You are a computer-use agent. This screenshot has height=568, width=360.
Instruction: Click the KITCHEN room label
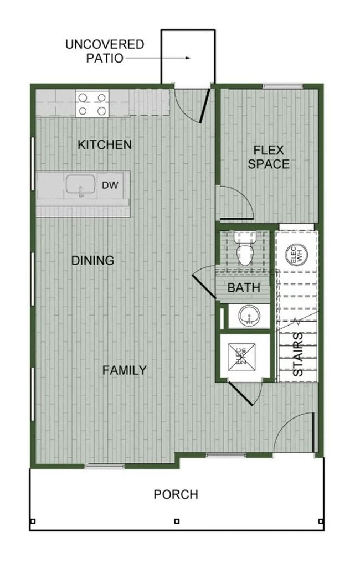click(105, 145)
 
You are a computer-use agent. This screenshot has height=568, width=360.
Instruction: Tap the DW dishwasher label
click(109, 186)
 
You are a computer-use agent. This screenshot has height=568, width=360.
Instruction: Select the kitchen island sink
click(81, 186)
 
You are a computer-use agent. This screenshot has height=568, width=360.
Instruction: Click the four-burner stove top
click(92, 104)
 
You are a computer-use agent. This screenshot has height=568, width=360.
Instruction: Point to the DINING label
click(93, 260)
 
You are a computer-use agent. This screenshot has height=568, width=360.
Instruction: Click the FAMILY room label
click(125, 370)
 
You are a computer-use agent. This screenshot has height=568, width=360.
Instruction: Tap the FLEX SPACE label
click(269, 157)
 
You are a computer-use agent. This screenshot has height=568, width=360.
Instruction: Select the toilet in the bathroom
click(244, 249)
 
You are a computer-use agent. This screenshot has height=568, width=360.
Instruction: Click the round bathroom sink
click(249, 317)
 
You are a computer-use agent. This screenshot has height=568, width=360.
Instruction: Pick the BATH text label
click(244, 288)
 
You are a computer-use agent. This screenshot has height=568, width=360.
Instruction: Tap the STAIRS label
click(297, 355)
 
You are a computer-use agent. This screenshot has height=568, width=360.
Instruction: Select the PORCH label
click(176, 494)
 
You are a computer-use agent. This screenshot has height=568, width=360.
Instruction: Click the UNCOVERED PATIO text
click(105, 51)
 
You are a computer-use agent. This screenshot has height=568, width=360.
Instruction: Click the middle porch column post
click(176, 521)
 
